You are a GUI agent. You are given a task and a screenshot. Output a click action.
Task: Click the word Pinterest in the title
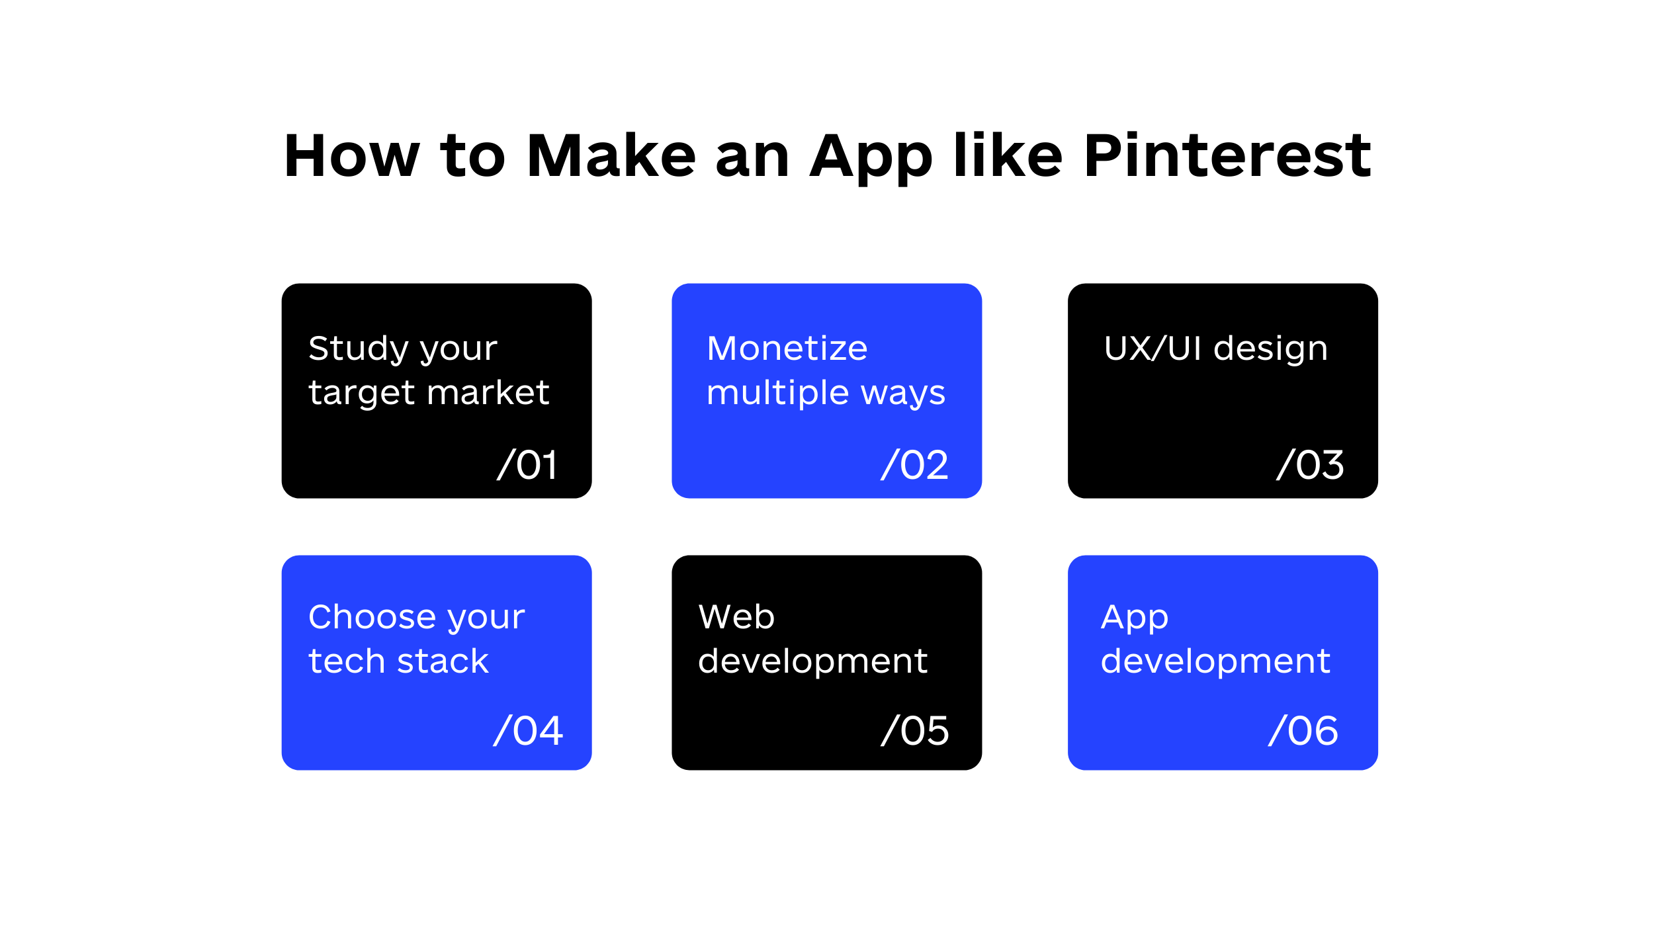pos(1227,156)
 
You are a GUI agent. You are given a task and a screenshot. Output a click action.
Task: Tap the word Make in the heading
pos(611,156)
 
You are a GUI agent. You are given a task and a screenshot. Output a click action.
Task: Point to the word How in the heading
pos(352,156)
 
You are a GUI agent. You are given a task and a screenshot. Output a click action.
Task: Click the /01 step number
pos(527,464)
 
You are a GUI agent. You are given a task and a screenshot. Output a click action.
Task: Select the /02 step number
pos(914,464)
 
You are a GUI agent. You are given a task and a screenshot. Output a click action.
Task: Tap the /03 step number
pos(1310,464)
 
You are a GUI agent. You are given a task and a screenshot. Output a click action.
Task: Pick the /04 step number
pos(528,731)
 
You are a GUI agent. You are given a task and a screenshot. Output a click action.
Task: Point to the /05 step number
pos(914,731)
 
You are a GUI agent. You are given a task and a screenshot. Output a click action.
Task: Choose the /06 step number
pos(1303,731)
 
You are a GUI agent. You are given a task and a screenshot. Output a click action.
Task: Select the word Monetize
pos(787,349)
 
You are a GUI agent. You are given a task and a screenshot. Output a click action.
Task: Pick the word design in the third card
pos(1270,350)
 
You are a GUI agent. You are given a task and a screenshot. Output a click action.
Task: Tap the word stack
pos(443,661)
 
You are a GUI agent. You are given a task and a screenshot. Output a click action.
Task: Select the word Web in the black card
pos(736,617)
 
